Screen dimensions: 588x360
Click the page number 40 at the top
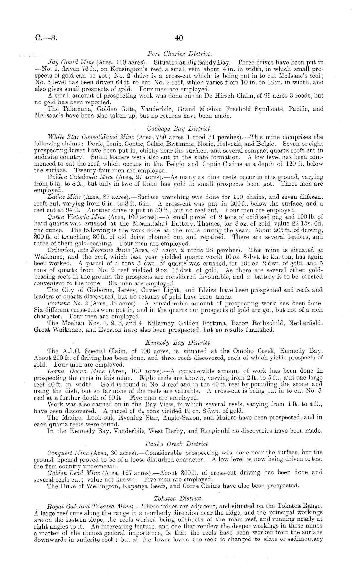pyautogui.click(x=179, y=38)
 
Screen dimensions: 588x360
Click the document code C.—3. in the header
pyautogui.click(x=46, y=38)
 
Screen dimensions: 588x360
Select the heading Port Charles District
pyautogui.click(x=179, y=53)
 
